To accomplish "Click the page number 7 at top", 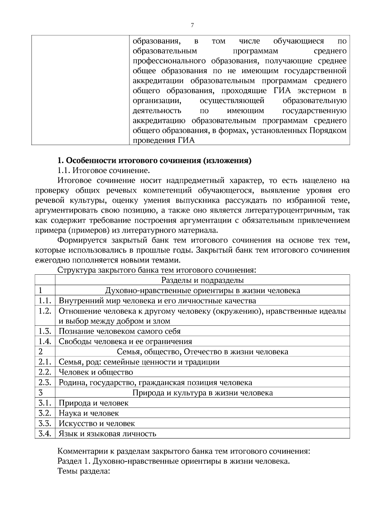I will (192, 25).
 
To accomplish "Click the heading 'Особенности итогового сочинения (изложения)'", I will (154, 161).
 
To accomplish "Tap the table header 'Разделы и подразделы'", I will (202, 280).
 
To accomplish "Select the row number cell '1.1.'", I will (45, 301).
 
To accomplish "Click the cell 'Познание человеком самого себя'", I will (120, 331).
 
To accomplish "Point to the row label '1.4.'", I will (45, 341).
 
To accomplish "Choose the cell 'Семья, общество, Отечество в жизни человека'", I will (202, 352).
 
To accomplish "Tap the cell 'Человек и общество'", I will (96, 372).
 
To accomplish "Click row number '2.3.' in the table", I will (45, 382).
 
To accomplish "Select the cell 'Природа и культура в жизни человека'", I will (202, 393).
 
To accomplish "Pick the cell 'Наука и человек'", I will (89, 413).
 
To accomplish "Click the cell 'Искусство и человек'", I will (97, 424).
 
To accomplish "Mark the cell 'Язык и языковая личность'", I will (107, 434).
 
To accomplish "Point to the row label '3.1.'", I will (45, 403).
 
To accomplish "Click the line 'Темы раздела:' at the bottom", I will (83, 471).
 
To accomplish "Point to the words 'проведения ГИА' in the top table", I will (164, 141).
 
